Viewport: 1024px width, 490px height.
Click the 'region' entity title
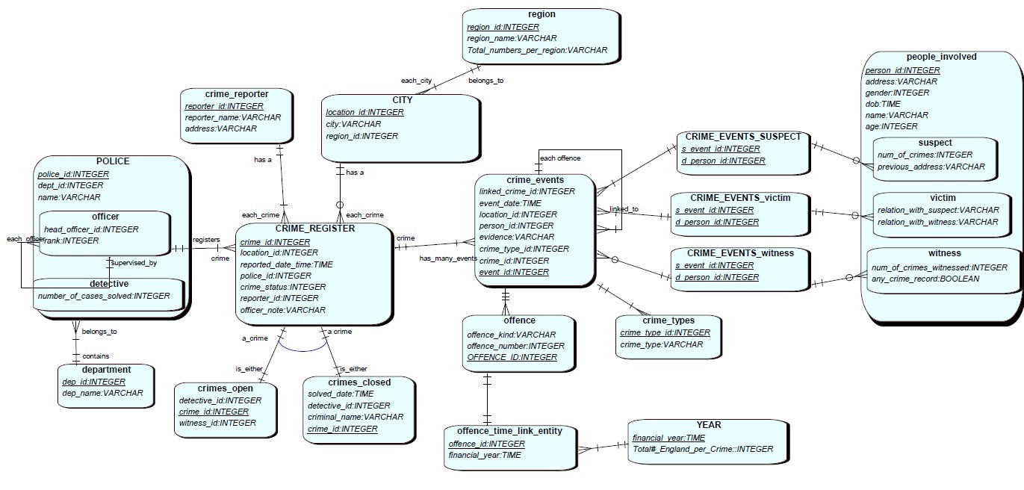(x=542, y=14)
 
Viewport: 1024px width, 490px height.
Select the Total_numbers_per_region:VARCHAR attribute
(x=537, y=50)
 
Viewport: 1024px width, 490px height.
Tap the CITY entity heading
(x=402, y=100)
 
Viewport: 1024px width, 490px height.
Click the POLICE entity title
(x=113, y=161)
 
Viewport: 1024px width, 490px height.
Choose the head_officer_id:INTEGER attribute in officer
(x=92, y=229)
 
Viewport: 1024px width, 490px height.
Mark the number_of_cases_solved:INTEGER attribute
(x=103, y=296)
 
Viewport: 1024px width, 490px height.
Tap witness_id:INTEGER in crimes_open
(x=217, y=423)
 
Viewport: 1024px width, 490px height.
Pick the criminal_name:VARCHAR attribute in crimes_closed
(x=355, y=417)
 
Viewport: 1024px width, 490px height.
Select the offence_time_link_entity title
(x=509, y=431)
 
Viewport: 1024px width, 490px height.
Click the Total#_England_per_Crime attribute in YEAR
(x=702, y=449)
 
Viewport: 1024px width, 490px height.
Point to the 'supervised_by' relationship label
(x=134, y=263)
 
